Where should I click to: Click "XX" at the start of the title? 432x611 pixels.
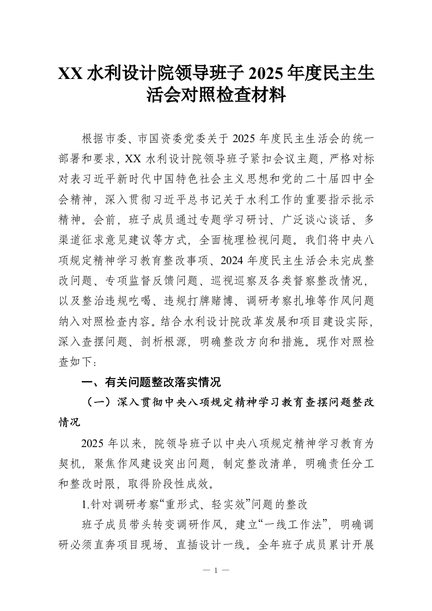point(71,74)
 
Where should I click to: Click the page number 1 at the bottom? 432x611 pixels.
point(216,571)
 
